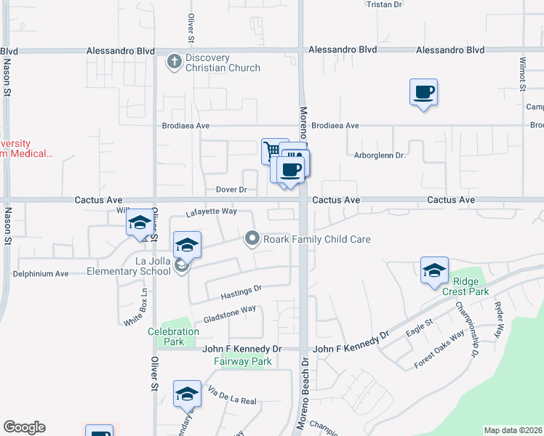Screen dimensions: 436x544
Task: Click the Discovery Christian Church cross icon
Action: click(x=175, y=62)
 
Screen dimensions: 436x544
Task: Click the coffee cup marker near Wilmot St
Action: click(x=423, y=92)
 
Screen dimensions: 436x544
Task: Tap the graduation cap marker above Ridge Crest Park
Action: click(x=434, y=270)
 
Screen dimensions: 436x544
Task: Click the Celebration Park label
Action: click(x=173, y=336)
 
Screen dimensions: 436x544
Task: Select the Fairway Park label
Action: click(x=243, y=361)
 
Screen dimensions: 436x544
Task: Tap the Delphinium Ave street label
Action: click(x=41, y=274)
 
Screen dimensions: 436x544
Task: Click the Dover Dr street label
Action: click(x=232, y=190)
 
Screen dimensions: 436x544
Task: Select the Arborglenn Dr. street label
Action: click(x=380, y=155)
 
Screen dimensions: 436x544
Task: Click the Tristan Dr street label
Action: click(x=384, y=4)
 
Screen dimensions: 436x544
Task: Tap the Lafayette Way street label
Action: click(x=211, y=211)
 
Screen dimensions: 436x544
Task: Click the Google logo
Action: click(x=24, y=427)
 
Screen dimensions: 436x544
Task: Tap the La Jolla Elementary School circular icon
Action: click(x=181, y=267)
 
